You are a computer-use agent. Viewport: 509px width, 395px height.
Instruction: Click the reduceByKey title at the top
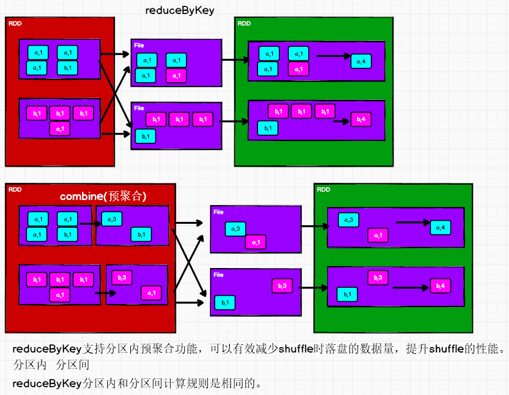pyautogui.click(x=180, y=10)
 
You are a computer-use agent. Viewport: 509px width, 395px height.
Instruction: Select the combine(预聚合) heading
pyautogui.click(x=103, y=196)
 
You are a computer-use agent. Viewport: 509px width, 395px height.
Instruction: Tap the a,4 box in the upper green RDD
pyautogui.click(x=361, y=61)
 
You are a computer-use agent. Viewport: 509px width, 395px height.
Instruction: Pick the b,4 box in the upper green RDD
pyautogui.click(x=361, y=119)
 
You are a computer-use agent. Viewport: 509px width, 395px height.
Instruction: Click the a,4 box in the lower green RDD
pyautogui.click(x=440, y=227)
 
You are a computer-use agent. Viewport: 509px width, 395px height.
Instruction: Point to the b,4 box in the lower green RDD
pyautogui.click(x=440, y=285)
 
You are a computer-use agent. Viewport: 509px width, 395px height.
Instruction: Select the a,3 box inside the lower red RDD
pyautogui.click(x=112, y=220)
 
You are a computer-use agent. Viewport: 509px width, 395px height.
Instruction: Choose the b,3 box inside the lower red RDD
pyautogui.click(x=122, y=277)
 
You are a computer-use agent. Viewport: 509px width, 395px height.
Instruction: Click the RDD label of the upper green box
pyautogui.click(x=244, y=24)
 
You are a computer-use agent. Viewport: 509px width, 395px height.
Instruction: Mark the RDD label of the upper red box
pyautogui.click(x=14, y=24)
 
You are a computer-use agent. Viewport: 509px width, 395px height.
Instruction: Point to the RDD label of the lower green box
pyautogui.click(x=324, y=190)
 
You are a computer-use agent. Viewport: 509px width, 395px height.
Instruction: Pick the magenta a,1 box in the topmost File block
pyautogui.click(x=176, y=76)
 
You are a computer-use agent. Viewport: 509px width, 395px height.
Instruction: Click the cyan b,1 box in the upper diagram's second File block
pyautogui.click(x=145, y=136)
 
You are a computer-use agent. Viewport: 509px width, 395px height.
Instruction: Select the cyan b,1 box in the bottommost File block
pyautogui.click(x=224, y=301)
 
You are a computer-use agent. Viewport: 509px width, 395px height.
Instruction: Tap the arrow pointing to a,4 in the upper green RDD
pyautogui.click(x=333, y=56)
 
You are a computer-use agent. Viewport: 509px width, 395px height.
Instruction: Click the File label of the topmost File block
pyautogui.click(x=139, y=45)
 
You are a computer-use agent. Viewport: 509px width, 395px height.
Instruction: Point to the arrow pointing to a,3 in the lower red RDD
pyautogui.click(x=91, y=224)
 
